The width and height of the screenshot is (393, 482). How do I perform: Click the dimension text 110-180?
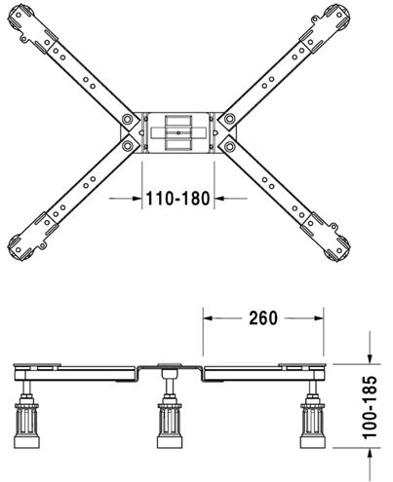[x=177, y=199]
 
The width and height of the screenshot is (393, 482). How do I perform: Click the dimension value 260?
[x=263, y=318]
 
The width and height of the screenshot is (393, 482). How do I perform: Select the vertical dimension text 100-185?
[x=370, y=407]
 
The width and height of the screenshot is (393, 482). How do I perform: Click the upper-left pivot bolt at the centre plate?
[x=127, y=119]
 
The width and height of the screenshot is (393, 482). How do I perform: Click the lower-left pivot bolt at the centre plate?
[x=127, y=146]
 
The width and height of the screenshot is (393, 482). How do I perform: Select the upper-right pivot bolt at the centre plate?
[x=229, y=119]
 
